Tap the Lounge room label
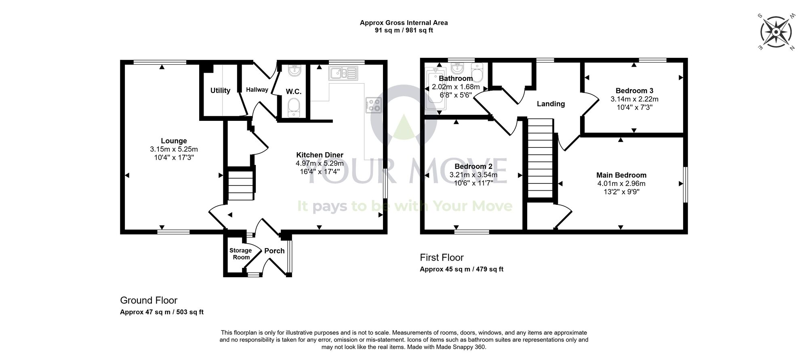point(174,141)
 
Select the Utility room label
point(220,91)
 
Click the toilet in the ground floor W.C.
point(293,108)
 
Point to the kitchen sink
point(343,73)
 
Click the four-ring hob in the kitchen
point(374,105)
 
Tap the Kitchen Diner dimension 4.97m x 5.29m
point(320,163)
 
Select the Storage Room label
point(240,254)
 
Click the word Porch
point(274,251)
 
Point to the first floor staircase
point(540,158)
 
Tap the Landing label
point(551,104)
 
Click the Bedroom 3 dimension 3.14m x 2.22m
point(634,99)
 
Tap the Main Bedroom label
point(621,175)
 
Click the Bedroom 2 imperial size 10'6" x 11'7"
point(473,183)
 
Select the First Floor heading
point(442,257)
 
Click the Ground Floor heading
point(149,300)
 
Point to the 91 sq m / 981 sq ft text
point(404,30)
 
